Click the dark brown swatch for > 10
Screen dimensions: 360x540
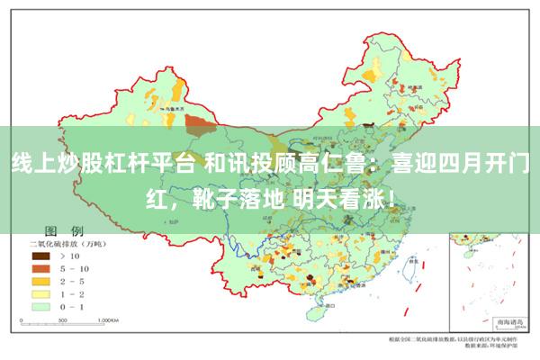(x=41, y=256)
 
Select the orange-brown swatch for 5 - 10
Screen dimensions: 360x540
(x=41, y=268)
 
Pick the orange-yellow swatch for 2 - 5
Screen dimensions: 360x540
(x=41, y=281)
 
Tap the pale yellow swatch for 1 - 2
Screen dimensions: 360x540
(x=41, y=293)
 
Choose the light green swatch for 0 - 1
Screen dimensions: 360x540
(x=41, y=306)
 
